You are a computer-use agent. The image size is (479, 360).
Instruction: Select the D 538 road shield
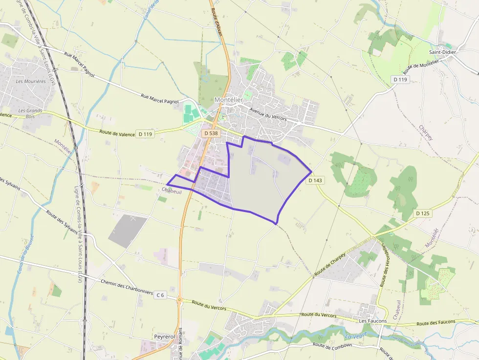211,133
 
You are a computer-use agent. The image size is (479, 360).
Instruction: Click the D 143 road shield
316,180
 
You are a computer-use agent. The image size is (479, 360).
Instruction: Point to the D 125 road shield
423,213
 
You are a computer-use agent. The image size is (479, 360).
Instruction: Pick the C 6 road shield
160,295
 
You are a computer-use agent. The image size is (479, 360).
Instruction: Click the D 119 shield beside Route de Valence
145,134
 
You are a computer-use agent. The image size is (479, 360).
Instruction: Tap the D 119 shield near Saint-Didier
399,79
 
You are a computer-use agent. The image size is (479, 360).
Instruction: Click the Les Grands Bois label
30,113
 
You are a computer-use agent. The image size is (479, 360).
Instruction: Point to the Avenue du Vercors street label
268,115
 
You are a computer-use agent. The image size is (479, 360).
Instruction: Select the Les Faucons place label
372,321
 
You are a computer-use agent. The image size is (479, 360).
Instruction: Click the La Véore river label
355,336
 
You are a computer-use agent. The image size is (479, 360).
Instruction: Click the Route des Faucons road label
436,322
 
